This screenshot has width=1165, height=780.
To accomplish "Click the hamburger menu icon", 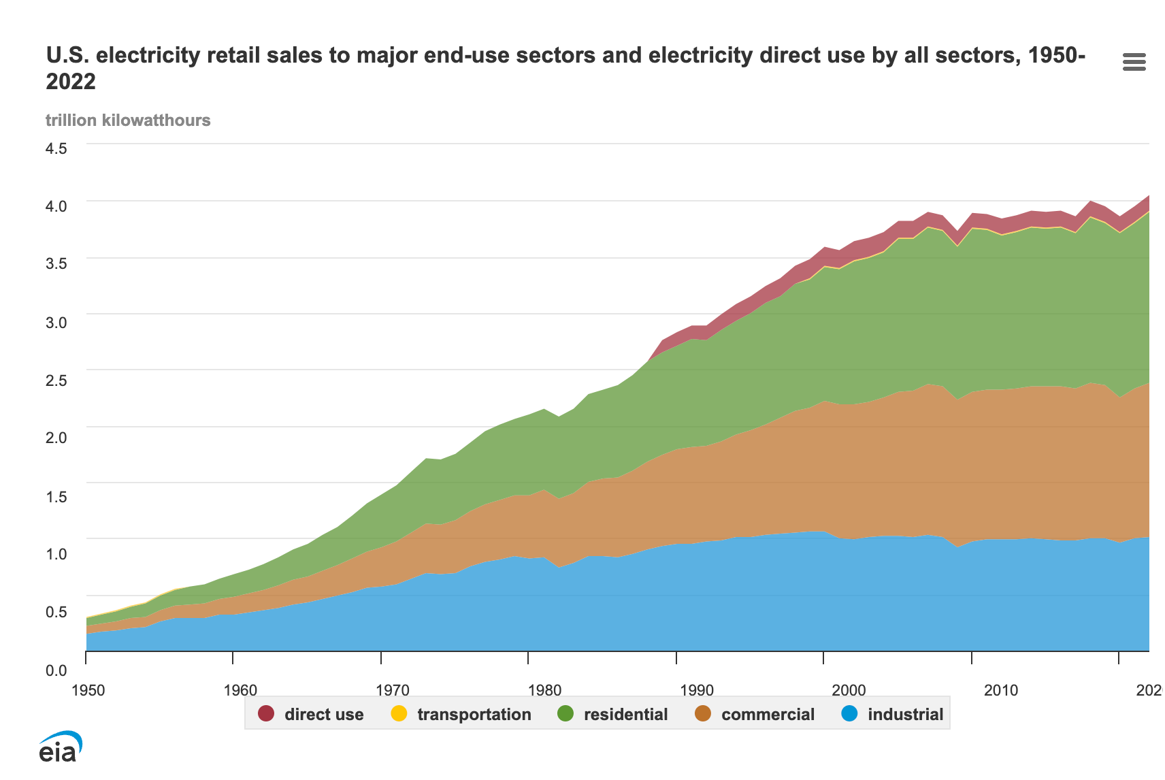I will click(x=1134, y=63).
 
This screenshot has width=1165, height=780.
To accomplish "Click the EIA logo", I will click(x=60, y=747).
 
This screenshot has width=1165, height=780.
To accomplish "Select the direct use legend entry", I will click(x=323, y=714).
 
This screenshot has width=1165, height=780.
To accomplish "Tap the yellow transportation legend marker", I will click(x=399, y=714).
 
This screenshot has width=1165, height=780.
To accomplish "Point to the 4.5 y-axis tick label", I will click(x=56, y=148).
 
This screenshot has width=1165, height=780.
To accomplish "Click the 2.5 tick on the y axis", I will click(x=56, y=380).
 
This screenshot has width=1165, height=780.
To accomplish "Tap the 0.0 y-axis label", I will click(x=56, y=671).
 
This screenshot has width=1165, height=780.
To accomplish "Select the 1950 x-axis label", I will click(x=88, y=690).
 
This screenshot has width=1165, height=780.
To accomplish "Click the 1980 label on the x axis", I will click(x=544, y=690).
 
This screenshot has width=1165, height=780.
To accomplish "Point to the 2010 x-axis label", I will click(x=1001, y=690).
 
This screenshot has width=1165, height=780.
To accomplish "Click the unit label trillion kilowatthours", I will click(x=128, y=120).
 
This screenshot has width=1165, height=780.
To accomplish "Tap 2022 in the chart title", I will click(x=71, y=82).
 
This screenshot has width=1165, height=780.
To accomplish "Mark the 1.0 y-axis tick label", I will click(x=56, y=554).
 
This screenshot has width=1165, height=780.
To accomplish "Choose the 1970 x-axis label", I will click(x=393, y=690).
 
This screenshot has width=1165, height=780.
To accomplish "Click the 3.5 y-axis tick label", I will click(x=56, y=263).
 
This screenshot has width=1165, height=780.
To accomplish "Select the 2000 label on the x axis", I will click(x=849, y=690).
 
